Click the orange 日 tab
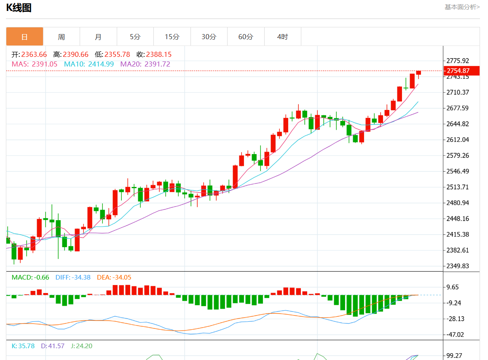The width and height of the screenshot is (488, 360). click(24, 37)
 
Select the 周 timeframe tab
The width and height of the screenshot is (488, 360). click(62, 37)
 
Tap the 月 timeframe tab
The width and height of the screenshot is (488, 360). click(98, 37)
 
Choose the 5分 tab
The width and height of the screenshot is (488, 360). click(135, 37)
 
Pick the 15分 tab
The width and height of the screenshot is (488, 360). click(172, 37)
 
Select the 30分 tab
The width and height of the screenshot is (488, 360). click(209, 37)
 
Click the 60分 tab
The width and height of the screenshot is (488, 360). click(246, 37)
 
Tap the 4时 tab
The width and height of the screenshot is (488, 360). click(283, 37)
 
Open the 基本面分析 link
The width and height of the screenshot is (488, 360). click(462, 7)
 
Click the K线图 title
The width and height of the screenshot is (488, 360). click(19, 8)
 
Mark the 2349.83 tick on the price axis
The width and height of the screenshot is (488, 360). click(457, 266)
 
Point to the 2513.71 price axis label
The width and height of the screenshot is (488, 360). click(457, 187)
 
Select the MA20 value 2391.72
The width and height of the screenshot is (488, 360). click(157, 64)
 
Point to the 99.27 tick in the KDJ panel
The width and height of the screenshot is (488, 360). click(454, 356)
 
